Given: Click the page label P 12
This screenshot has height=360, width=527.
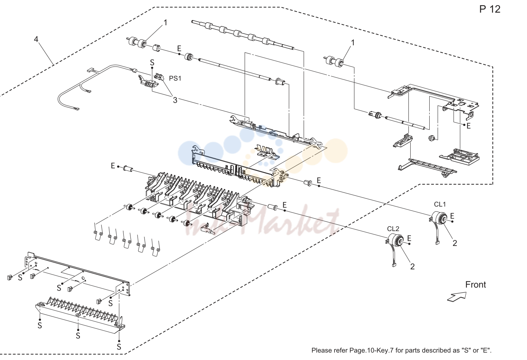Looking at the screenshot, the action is coord(490,9).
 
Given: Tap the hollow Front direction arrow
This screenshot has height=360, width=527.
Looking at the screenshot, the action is coord(457,296).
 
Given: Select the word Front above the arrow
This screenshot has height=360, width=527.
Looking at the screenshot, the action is coord(475,285).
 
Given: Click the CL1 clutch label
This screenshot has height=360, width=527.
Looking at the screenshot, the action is coord(440,204).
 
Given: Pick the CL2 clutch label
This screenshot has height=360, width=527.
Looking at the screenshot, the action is coord(393,229).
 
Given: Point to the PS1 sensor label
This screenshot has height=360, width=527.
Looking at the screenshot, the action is coord(175,78).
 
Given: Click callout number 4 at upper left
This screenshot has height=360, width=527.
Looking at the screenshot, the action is coord(36,39).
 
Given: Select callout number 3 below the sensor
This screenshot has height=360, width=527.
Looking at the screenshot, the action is coord(175,100).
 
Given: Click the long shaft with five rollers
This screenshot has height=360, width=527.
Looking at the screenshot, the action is coord(243,35).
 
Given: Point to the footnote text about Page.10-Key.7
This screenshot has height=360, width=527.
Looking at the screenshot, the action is coord(401,350).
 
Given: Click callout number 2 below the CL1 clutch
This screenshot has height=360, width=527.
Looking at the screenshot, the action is coord(455,243).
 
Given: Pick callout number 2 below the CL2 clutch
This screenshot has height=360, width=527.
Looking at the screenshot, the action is coord(412,266).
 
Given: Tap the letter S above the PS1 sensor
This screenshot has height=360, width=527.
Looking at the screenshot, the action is coord(152,62).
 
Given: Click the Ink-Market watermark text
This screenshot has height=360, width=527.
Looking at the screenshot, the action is coord(261,221).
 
